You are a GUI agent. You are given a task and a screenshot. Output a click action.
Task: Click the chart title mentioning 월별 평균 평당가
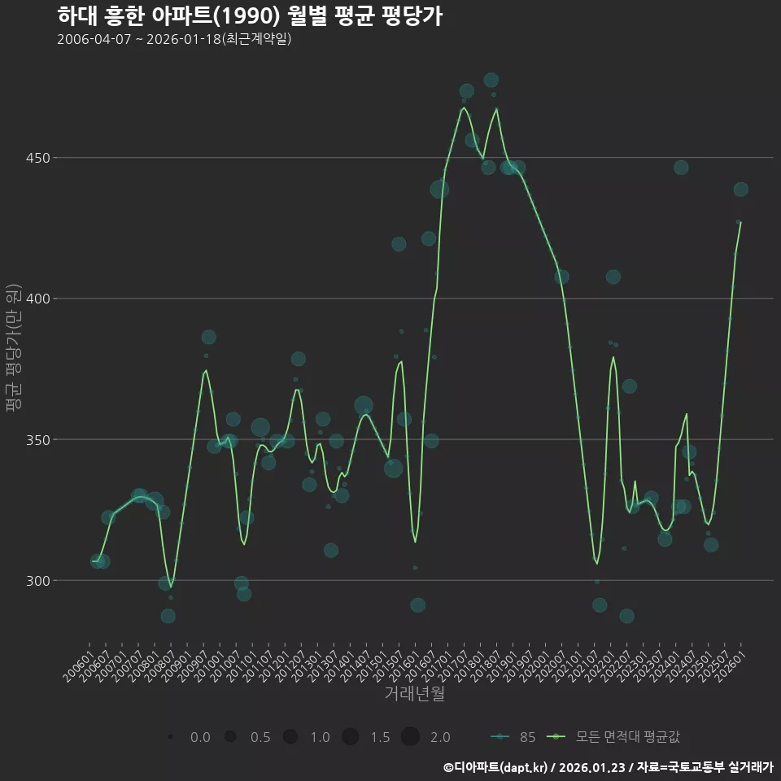(251, 16)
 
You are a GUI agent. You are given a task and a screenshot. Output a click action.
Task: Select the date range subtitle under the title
(174, 39)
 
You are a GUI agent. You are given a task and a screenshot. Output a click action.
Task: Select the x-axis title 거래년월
(414, 694)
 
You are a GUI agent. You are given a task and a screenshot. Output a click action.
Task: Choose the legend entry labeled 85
(514, 737)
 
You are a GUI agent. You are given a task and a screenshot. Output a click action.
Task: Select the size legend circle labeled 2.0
(410, 737)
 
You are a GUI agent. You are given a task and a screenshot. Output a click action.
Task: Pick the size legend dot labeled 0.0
(171, 737)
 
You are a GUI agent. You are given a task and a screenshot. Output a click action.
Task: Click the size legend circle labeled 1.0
(290, 737)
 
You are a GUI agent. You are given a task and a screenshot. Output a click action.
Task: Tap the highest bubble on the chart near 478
(491, 80)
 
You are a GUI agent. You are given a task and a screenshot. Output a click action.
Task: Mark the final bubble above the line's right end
(740, 190)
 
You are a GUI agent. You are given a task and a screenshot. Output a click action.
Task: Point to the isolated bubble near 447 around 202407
(681, 168)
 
